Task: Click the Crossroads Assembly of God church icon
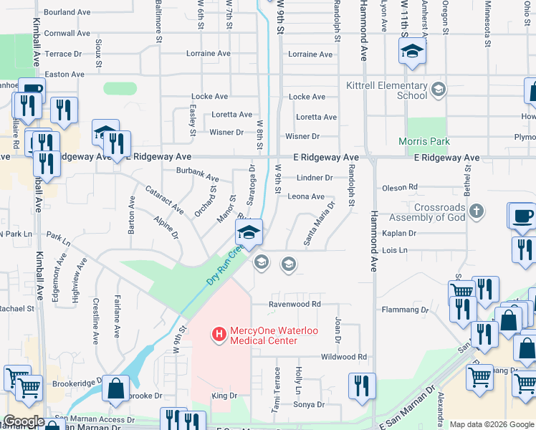pyautogui.click(x=476, y=211)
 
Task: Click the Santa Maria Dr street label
pyautogui.click(x=320, y=224)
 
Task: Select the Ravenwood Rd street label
pyautogui.click(x=294, y=304)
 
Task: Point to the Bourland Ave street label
pyautogui.click(x=67, y=13)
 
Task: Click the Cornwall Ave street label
pyautogui.click(x=67, y=33)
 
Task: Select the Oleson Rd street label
pyautogui.click(x=400, y=188)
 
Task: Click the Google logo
pyautogui.click(x=24, y=421)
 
